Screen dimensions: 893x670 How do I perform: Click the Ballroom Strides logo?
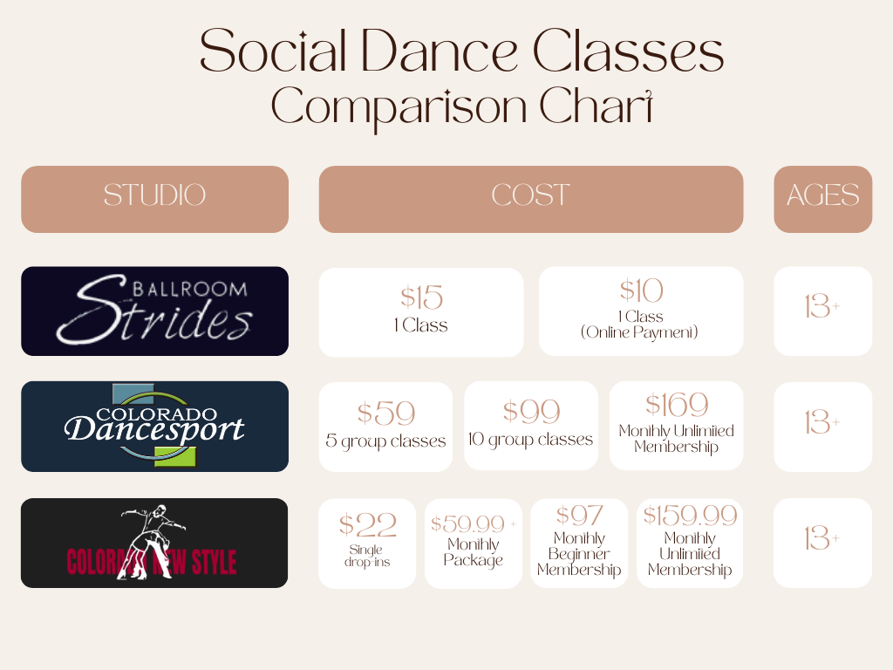click(154, 311)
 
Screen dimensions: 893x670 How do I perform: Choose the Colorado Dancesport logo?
click(154, 426)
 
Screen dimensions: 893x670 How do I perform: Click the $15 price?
click(421, 297)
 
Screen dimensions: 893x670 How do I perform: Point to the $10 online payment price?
click(641, 291)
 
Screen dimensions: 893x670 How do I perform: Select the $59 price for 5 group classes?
click(386, 413)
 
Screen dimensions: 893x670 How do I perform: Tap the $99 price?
click(531, 412)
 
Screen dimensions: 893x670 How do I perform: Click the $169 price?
click(677, 405)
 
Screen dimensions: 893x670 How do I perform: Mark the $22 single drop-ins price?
click(367, 524)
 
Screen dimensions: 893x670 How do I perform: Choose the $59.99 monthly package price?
click(468, 524)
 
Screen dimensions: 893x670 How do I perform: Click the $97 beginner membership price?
click(579, 516)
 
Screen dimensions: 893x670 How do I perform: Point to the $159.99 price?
click(690, 516)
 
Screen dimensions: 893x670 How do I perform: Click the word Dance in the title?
click(440, 51)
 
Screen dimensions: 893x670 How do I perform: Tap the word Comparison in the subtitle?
click(399, 107)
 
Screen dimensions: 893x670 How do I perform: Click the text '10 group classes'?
click(531, 440)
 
